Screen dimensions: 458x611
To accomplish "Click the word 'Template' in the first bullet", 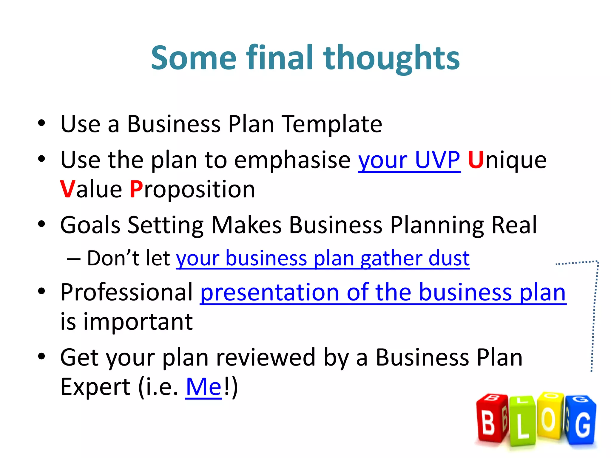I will coord(332,124).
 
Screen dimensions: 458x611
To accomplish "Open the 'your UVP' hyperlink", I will coord(409,160).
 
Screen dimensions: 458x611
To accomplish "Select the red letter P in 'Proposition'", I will coord(136,190).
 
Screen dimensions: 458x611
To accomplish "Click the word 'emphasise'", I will coord(292,160).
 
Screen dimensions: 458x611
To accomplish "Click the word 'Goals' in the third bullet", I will coord(90,225).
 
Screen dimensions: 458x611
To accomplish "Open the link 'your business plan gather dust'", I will coord(323,259).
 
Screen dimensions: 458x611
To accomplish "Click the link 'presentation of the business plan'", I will coord(383,293).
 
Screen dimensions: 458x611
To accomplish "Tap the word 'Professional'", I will coord(126,293).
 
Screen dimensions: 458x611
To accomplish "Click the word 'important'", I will coord(138,322).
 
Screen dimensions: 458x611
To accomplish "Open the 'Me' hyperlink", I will coord(203,387).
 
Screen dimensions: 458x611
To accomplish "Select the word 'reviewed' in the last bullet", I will coord(266,358).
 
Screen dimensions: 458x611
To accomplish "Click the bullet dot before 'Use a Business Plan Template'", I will coord(41,123).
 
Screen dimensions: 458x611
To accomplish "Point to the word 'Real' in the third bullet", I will coord(514,225).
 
